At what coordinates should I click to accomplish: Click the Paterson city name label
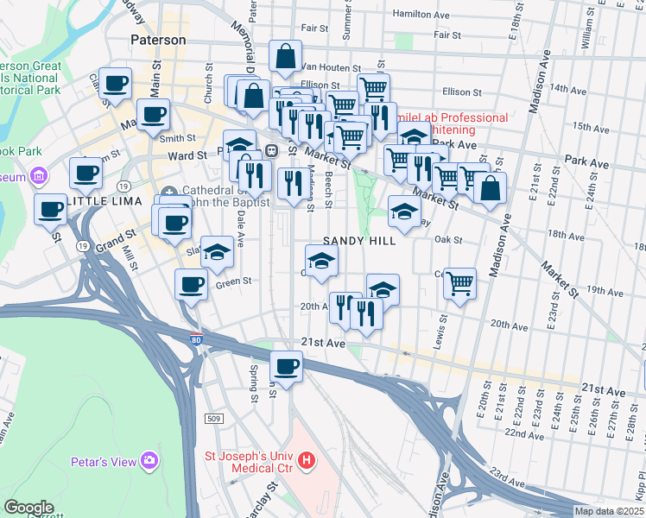click(x=158, y=40)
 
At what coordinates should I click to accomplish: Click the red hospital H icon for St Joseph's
click(x=307, y=462)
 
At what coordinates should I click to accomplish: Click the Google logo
click(x=28, y=508)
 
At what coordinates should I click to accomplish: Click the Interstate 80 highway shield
click(x=196, y=341)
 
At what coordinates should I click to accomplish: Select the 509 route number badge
click(x=215, y=418)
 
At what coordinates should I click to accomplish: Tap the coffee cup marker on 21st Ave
click(x=287, y=366)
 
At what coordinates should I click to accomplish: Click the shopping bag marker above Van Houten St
click(x=285, y=57)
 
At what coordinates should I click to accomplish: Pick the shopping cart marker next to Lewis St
click(x=460, y=282)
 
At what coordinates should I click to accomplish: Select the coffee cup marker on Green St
click(x=192, y=284)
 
